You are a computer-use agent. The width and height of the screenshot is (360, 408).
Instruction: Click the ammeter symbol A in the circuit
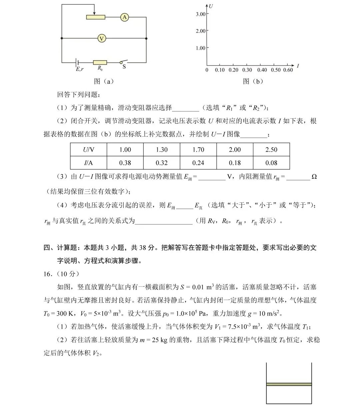(x=124, y=17)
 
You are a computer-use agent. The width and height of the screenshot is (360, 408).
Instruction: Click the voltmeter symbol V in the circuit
(x=102, y=39)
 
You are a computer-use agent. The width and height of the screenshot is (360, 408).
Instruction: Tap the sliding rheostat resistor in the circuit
(x=96, y=17)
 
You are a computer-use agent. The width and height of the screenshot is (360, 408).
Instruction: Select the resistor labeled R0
(x=100, y=62)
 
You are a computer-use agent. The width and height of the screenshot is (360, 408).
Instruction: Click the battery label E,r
(x=80, y=69)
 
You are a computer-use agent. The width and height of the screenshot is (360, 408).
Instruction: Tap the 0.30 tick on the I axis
(x=247, y=70)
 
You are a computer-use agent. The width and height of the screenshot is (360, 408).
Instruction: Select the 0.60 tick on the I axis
(x=288, y=70)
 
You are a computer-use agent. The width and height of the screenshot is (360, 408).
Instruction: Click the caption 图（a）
(x=104, y=81)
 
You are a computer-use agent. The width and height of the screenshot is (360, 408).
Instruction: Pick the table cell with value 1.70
(x=198, y=150)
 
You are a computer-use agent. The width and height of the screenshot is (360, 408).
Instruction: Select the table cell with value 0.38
(x=125, y=163)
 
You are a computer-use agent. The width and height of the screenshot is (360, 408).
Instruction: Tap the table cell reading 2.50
(x=271, y=150)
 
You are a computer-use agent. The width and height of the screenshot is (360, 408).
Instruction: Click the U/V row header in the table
(x=89, y=150)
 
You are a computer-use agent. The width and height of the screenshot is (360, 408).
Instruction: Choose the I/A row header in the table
(x=89, y=163)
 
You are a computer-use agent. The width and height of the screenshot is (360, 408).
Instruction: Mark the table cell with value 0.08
(x=271, y=163)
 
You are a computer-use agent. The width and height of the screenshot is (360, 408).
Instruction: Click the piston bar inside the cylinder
(x=289, y=384)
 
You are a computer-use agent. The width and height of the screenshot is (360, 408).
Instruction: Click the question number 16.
(x=48, y=274)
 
